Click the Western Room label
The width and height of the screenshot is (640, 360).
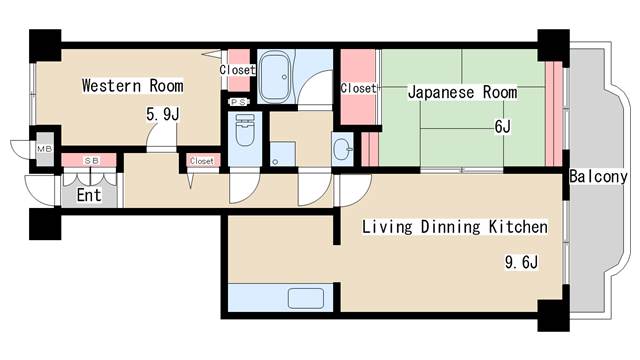[x=133, y=86]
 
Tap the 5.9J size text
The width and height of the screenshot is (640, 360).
[x=163, y=114]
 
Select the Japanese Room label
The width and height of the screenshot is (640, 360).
[x=462, y=92]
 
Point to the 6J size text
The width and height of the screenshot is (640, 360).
[x=502, y=127]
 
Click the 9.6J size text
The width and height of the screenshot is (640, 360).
[x=521, y=262]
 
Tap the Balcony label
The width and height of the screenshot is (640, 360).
[x=598, y=176]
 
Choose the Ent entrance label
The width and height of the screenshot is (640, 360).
[x=89, y=195]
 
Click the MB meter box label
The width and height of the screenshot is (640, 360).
[x=44, y=149]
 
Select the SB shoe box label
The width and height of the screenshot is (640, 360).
[x=91, y=161]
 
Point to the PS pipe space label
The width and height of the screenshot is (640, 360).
[x=238, y=102]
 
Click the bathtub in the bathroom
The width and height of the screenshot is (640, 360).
[x=275, y=77]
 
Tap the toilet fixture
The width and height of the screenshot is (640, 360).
[x=245, y=130]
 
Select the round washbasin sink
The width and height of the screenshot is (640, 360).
[x=342, y=149]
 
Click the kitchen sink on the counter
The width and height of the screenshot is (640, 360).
[x=306, y=298]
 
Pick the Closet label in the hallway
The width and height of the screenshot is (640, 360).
[x=202, y=161]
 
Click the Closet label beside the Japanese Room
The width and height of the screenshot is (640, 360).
[x=358, y=88]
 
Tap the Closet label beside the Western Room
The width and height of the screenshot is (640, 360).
[x=238, y=70]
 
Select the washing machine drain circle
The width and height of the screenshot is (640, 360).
[x=275, y=162]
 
